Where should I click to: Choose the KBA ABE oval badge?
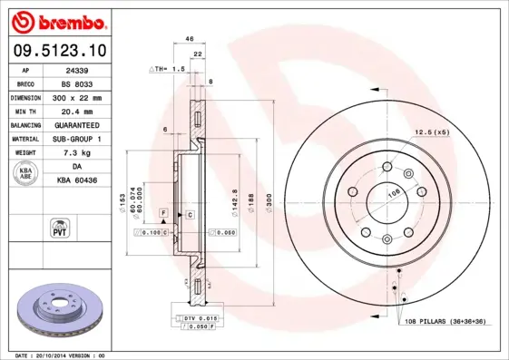(27, 175)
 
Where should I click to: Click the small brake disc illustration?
(56, 311)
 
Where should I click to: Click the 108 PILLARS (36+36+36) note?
(445, 321)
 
